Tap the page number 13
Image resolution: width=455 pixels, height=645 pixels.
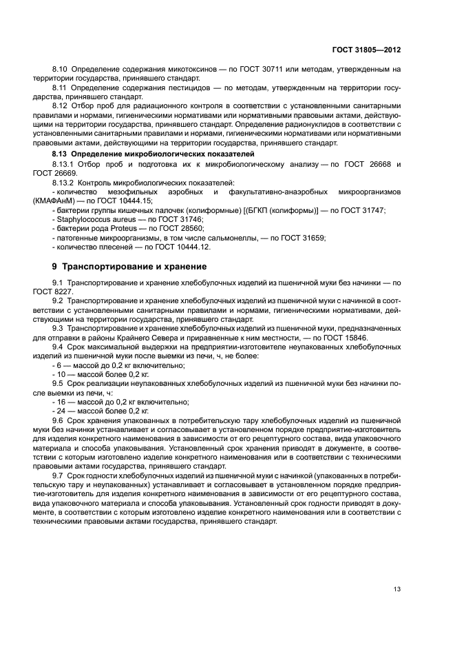(x=396, y=588)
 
